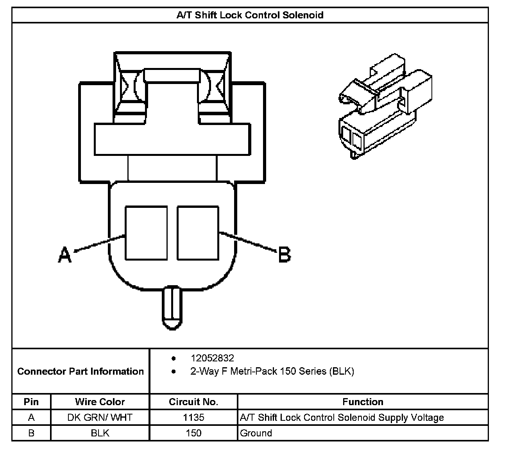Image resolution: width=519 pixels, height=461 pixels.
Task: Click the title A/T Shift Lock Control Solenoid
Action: coord(250,15)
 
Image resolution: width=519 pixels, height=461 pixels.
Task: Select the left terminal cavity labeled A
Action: coord(146,233)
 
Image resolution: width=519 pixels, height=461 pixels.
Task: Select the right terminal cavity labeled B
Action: coord(198,233)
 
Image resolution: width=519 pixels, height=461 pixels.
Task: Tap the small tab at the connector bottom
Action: coord(172,307)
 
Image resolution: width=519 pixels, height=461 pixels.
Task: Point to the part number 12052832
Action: coord(212,358)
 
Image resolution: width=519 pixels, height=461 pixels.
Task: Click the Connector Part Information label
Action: coord(81,371)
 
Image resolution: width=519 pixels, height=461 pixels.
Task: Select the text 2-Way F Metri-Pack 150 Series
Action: coord(272,371)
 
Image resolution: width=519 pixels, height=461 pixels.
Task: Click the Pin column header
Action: coord(31,402)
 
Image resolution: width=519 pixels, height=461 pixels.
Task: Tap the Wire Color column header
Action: coord(100,402)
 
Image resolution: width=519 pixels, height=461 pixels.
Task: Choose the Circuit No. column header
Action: coord(193,402)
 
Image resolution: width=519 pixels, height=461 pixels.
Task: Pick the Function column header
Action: coord(363,402)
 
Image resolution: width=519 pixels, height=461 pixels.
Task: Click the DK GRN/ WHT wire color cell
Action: coord(100,417)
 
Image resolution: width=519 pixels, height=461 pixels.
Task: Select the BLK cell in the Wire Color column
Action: coord(100,433)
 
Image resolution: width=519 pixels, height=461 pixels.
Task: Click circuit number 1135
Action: coord(193,417)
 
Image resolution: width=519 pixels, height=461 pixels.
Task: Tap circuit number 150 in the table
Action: coord(193,433)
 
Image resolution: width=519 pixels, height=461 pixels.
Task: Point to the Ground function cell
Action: coord(256,433)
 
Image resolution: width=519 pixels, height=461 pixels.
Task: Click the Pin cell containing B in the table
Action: coord(31,433)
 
